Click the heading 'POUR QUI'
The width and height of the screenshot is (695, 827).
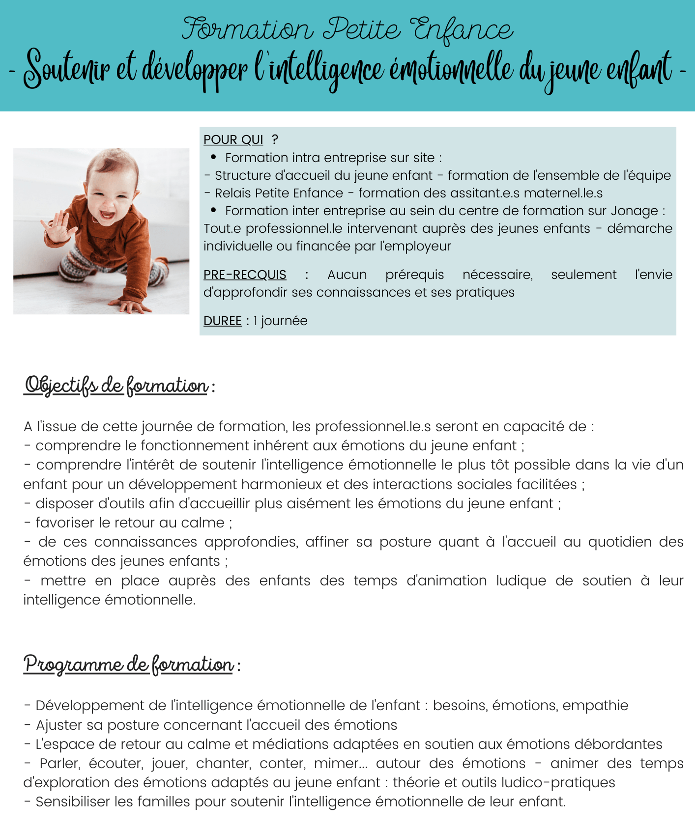pos(233,140)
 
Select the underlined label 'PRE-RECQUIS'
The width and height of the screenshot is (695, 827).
pos(245,275)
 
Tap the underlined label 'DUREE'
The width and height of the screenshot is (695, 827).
pos(222,321)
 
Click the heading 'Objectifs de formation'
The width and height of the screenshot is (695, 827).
pos(116,386)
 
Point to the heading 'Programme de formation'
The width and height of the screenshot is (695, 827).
pos(129,665)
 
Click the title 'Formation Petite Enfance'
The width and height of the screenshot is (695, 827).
pos(347,29)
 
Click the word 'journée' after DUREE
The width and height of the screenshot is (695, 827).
pos(284,321)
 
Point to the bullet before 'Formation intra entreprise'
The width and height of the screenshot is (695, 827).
pos(213,157)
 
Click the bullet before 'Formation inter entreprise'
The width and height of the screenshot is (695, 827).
pos(213,210)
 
